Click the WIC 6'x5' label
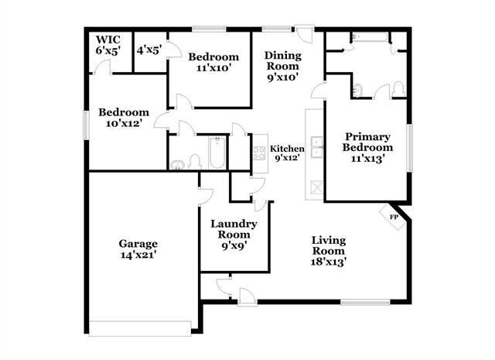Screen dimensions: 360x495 (108, 45)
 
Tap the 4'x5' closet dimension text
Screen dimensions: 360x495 (148, 50)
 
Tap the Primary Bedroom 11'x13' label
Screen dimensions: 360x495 (364, 147)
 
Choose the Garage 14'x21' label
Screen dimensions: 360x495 (138, 248)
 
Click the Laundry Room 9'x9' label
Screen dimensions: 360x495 (234, 235)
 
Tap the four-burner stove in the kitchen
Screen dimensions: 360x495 (258, 153)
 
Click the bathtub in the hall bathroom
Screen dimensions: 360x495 (216, 153)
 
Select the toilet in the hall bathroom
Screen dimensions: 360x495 (194, 161)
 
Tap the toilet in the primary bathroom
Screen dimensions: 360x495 (398, 88)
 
